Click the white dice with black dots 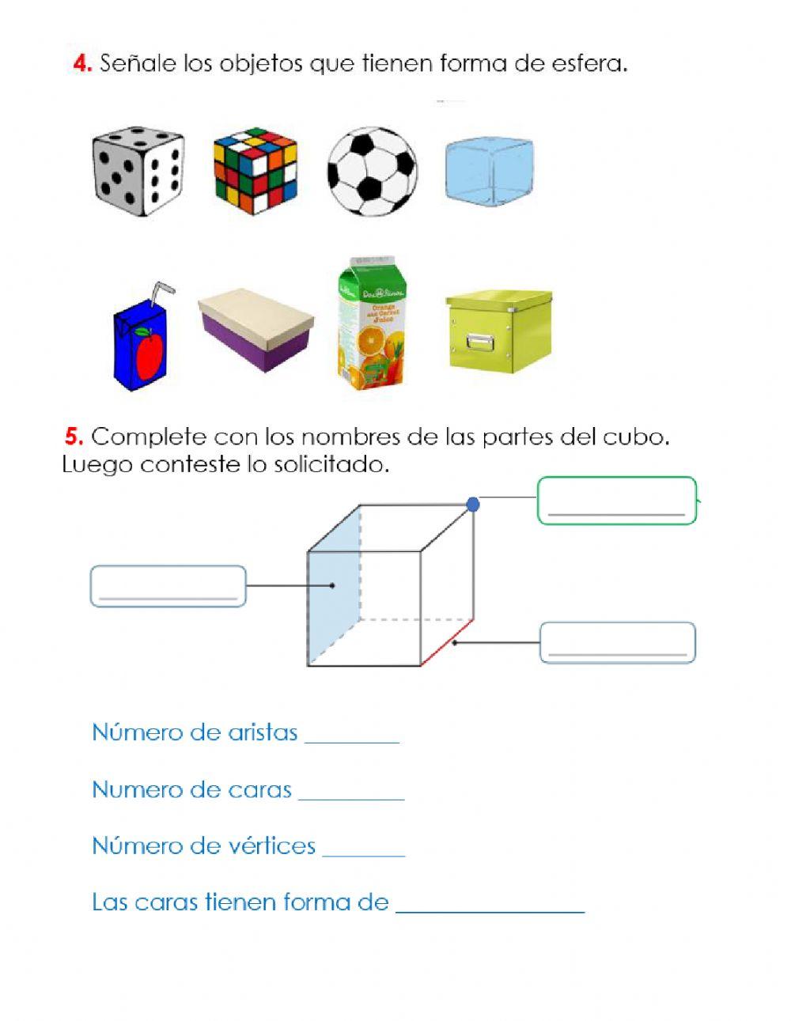point(138,172)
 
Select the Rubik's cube point(255,171)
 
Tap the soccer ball point(372,172)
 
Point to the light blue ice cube point(488,172)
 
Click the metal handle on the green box point(479,342)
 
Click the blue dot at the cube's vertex point(473,505)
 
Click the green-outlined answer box point(616,501)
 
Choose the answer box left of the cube point(168,587)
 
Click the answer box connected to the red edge point(617,642)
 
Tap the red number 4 point(81,64)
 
